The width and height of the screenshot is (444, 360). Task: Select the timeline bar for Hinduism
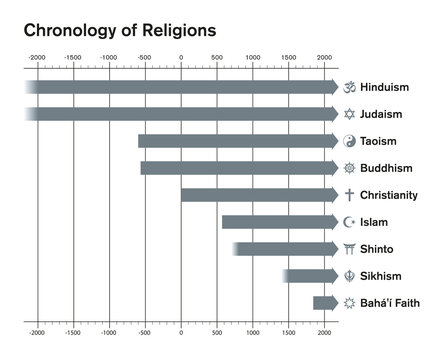180,87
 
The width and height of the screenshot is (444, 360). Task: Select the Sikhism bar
311,275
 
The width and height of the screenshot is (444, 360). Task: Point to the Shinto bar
286,248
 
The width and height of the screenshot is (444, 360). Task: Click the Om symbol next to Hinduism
350,87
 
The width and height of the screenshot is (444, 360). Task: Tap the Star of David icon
350,114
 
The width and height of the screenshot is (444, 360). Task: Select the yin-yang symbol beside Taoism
350,141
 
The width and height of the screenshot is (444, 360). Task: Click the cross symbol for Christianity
350,195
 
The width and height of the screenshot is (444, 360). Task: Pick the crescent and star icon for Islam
350,222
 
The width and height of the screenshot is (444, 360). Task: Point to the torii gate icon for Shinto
350,248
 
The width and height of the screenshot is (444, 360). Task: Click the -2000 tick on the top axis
37,59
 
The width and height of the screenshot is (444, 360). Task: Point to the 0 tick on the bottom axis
181,330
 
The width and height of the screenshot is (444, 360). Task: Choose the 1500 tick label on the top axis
288,59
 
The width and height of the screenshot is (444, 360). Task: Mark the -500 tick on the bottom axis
145,330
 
